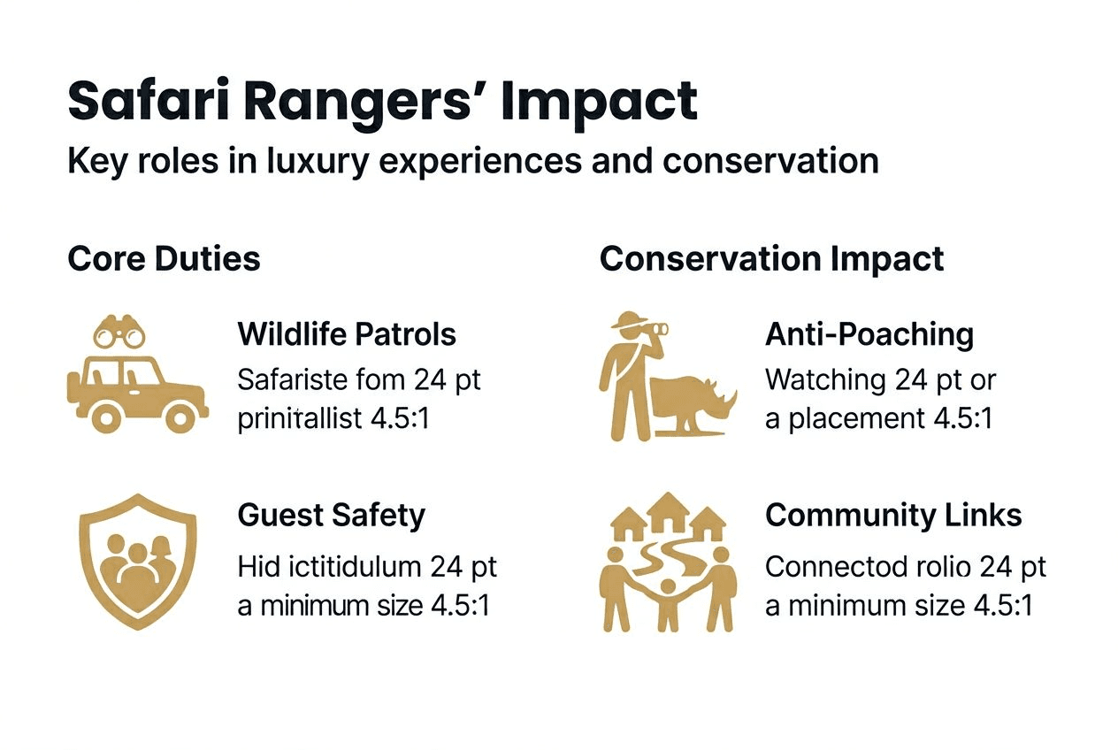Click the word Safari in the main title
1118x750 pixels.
coord(148,102)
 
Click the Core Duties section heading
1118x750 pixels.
coord(164,259)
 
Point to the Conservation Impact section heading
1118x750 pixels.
coord(771,259)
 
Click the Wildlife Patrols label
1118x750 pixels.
coord(347,334)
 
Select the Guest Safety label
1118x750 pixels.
coord(331,515)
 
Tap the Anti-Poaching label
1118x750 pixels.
coord(869,334)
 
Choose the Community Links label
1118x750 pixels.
coord(893,515)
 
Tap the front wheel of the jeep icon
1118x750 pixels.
coord(180,415)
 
